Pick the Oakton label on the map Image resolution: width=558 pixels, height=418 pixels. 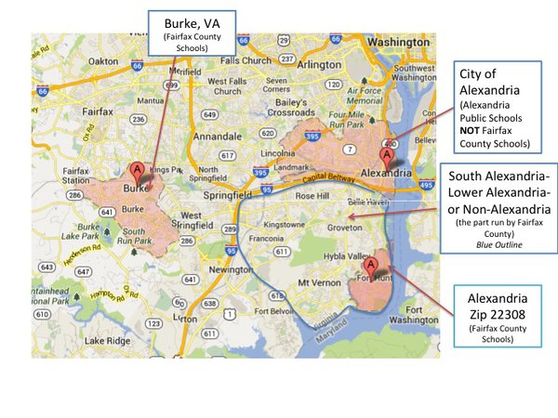click(x=102, y=61)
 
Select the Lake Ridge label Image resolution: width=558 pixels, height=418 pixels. click(x=103, y=341)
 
